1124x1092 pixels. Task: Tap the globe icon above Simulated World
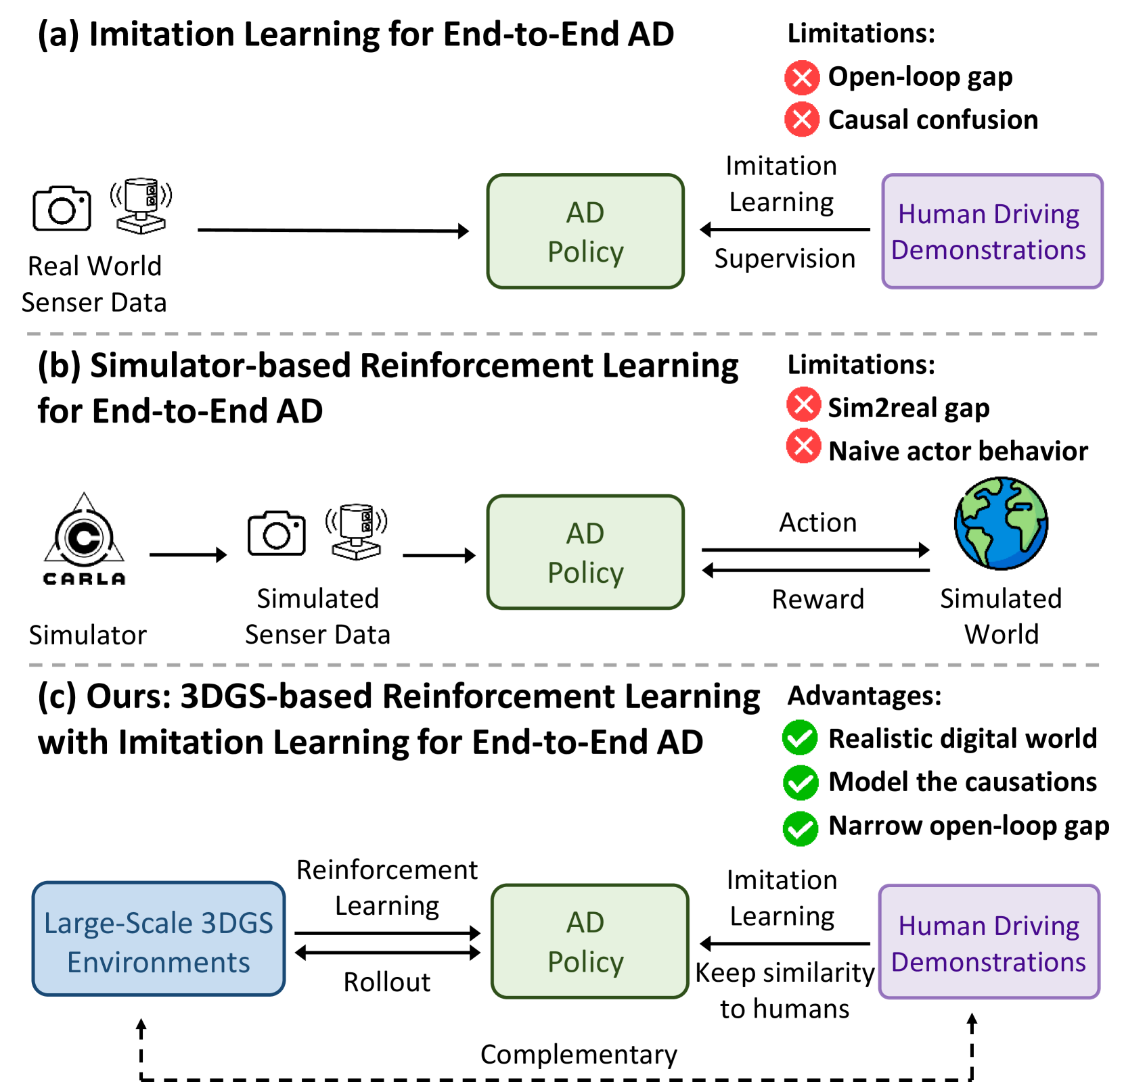point(1001,523)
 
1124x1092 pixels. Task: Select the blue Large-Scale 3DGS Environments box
point(158,939)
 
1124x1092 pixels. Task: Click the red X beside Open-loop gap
point(802,78)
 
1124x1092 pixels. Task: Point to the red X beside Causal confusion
point(802,120)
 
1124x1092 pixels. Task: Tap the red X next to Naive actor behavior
point(803,447)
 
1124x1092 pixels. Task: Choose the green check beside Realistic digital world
point(800,738)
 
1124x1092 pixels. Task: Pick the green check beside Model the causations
point(800,782)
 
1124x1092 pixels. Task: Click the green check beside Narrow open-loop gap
point(800,828)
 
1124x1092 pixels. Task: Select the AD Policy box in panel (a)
point(585,231)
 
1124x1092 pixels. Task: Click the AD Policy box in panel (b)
point(585,552)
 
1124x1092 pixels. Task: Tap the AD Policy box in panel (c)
point(589,941)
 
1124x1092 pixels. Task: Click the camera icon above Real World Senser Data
point(62,208)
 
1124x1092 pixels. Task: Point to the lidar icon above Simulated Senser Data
point(357,531)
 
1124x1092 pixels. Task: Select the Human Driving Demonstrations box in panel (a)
point(992,231)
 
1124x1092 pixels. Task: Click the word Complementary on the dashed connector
point(579,1055)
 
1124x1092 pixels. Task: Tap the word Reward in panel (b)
point(818,599)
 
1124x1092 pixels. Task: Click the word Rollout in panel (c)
point(386,982)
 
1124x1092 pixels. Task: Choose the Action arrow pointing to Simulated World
point(815,550)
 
